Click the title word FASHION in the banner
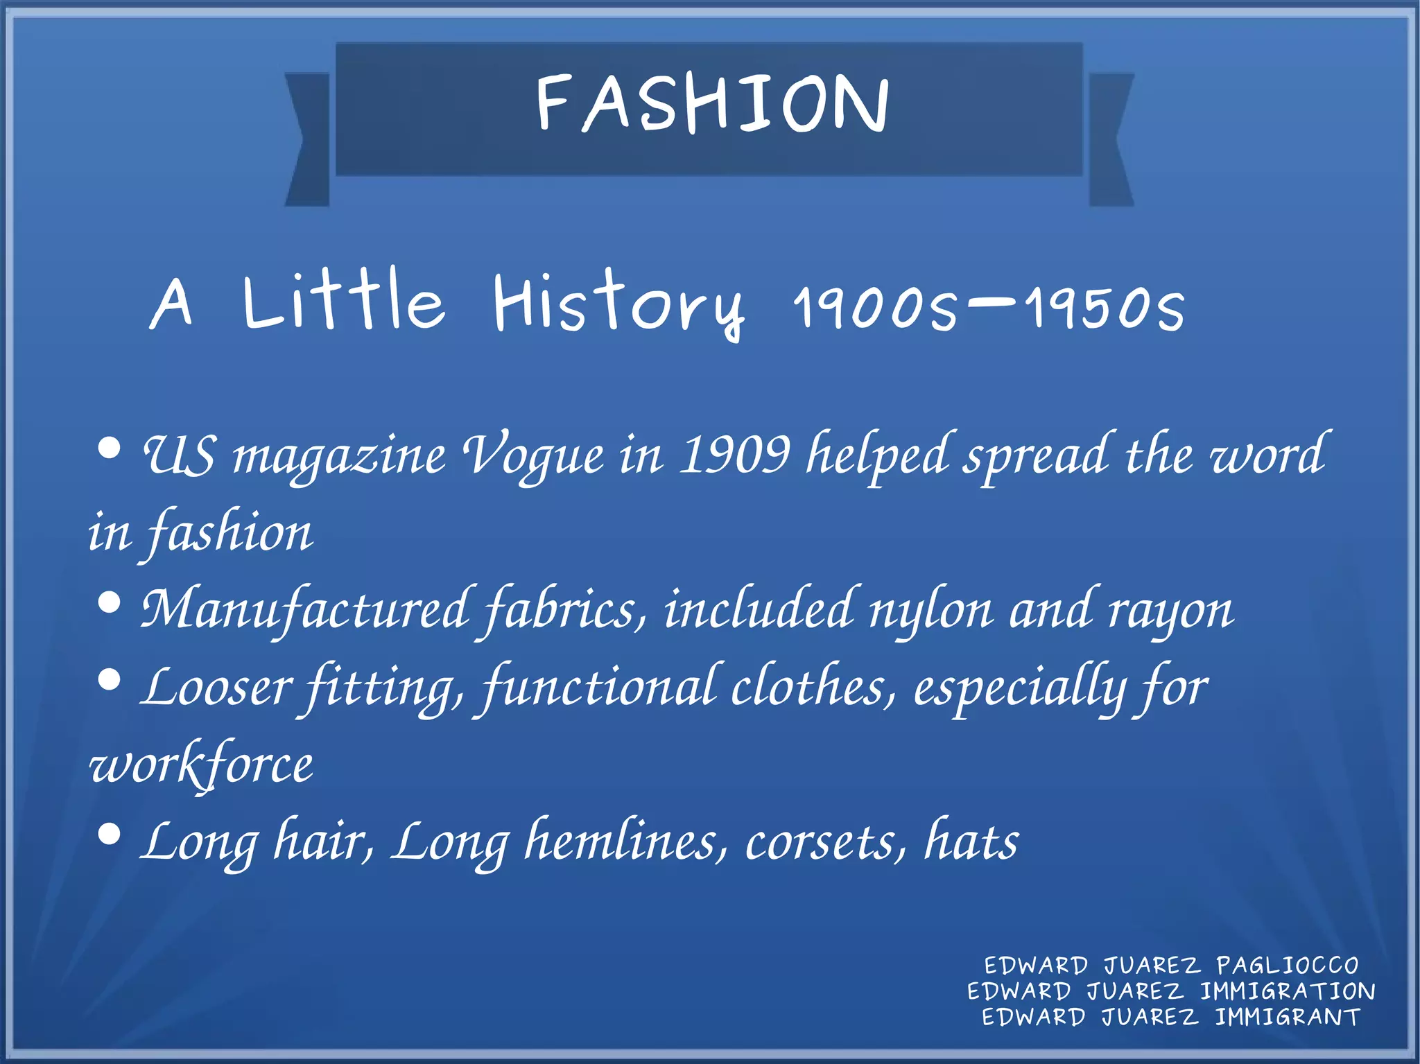coord(712,104)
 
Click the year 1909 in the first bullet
coord(734,455)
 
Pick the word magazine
coord(339,457)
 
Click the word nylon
coord(931,611)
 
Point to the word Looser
coord(216,688)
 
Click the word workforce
coord(201,765)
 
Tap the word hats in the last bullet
coord(971,841)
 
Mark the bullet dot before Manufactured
coord(110,602)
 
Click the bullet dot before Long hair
coord(110,834)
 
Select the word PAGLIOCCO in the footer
coord(1288,966)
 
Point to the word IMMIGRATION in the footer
coord(1288,991)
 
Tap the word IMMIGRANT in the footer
coord(1288,1017)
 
